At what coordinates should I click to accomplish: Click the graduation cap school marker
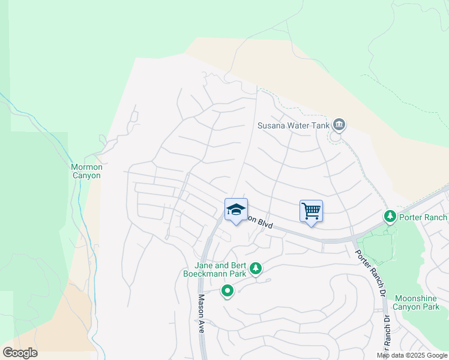tap(236, 209)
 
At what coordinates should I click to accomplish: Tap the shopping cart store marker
tap(311, 211)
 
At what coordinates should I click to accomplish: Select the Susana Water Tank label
tap(294, 125)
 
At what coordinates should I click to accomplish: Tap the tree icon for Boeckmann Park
tap(256, 268)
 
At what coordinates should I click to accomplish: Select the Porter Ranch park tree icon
tap(390, 216)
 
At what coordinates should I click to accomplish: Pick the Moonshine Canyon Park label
tap(416, 302)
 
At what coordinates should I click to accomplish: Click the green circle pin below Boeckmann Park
tap(228, 292)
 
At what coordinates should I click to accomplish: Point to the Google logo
tap(20, 353)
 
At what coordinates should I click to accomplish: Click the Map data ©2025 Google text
tap(412, 355)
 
